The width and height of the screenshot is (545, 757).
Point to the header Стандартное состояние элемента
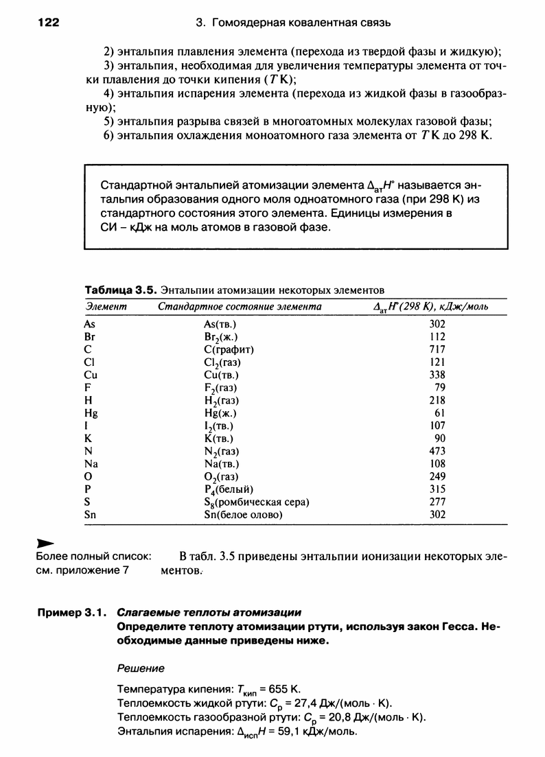click(240, 306)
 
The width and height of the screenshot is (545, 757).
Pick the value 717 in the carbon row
click(437, 349)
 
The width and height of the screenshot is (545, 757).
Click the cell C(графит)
click(225, 349)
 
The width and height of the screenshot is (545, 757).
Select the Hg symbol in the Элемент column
click(91, 413)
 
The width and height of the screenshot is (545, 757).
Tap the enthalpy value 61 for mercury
click(440, 413)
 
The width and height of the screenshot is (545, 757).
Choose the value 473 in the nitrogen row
click(437, 451)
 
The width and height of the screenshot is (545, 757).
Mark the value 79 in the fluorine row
click(440, 388)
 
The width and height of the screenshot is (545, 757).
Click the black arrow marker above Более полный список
click(45, 543)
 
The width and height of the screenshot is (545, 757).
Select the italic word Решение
click(141, 668)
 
